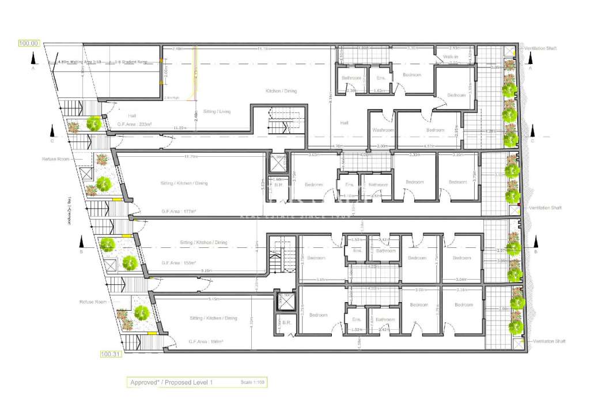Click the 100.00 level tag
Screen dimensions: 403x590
point(29,43)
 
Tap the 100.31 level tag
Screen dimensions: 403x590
point(109,354)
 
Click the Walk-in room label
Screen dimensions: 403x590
point(451,57)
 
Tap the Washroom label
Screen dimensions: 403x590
point(383,130)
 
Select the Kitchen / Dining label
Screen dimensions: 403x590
point(281,91)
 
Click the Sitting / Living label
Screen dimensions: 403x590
point(217,111)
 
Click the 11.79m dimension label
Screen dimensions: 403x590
point(191,156)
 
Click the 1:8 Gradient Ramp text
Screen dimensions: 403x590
point(133,62)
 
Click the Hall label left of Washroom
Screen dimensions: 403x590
point(345,123)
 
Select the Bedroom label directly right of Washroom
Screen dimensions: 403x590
point(435,130)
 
